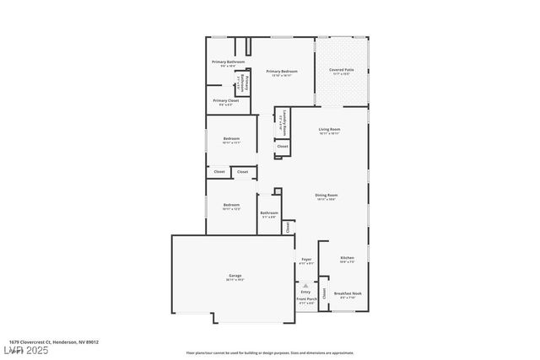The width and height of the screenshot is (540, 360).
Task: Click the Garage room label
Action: [235, 277]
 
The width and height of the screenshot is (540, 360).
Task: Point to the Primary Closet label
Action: [225, 101]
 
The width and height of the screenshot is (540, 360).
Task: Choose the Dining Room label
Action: [327, 196]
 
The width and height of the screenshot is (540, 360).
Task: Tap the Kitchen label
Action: [347, 259]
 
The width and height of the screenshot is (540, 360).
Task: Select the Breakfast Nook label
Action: [348, 294]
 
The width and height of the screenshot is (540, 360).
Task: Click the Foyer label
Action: [306, 261]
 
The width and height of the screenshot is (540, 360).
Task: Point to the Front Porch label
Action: [306, 300]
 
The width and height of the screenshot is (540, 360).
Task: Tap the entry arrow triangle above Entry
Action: [305, 285]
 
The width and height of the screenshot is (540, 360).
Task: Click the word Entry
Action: [305, 292]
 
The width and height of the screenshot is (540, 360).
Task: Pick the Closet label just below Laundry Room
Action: [282, 147]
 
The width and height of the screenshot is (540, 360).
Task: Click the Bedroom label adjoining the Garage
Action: [231, 206]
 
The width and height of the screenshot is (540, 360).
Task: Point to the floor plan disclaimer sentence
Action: [270, 353]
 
